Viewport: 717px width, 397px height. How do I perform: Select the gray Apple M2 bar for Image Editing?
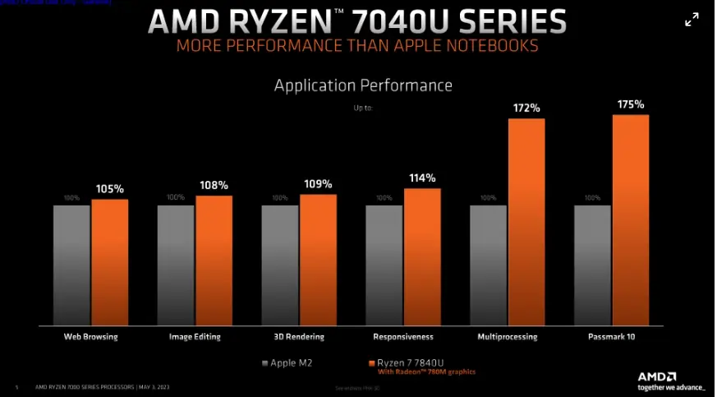(x=175, y=263)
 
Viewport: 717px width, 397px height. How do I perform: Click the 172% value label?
(x=526, y=108)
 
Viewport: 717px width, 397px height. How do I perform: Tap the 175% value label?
(x=631, y=104)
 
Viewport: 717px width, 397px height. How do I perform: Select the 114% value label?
(x=422, y=178)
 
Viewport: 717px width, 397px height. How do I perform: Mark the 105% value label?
(x=109, y=188)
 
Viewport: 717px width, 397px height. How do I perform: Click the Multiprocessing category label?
(x=508, y=337)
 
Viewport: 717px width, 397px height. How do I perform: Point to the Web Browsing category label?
(x=90, y=337)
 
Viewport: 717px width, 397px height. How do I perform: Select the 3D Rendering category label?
(x=299, y=337)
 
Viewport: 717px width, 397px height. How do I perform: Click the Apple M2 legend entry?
(x=287, y=362)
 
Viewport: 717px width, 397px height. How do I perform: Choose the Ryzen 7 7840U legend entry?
(x=411, y=362)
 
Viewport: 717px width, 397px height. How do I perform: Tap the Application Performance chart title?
(x=363, y=85)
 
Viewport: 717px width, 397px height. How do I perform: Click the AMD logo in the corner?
(x=657, y=375)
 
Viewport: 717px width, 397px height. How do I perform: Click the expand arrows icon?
(x=692, y=20)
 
